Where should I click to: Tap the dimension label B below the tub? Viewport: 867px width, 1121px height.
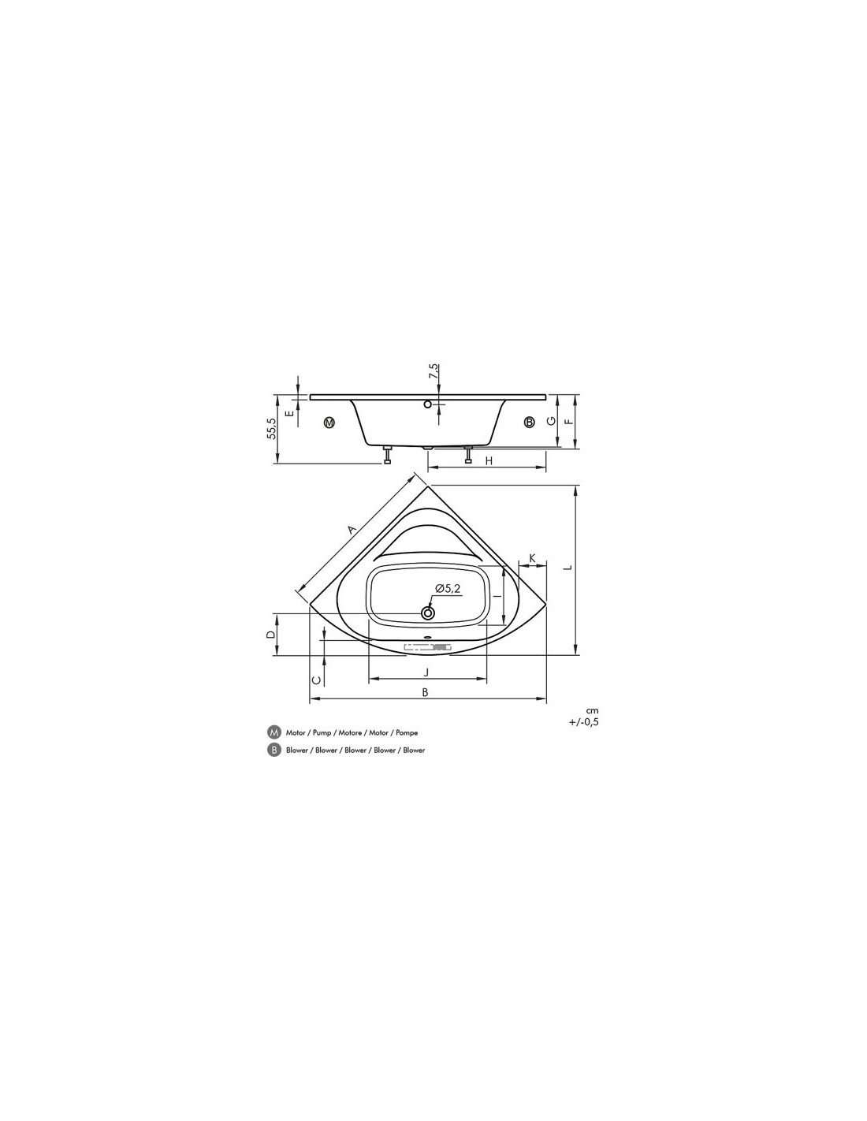click(x=425, y=692)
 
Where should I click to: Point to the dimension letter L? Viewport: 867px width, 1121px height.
click(x=567, y=567)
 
